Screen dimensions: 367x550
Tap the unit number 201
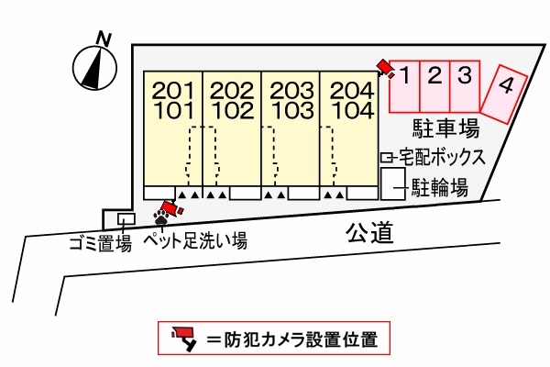tap(172, 91)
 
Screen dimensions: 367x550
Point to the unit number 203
tap(290, 91)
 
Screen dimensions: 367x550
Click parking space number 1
tap(406, 74)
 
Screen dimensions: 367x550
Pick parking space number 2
tap(435, 74)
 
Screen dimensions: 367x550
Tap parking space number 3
tap(465, 74)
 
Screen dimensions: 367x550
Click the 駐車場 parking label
tap(445, 128)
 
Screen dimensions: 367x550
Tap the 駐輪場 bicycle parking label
tap(438, 188)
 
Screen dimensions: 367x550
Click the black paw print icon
tap(162, 218)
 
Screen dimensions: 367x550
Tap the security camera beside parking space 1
tap(383, 65)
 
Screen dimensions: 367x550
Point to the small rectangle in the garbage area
tap(126, 218)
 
